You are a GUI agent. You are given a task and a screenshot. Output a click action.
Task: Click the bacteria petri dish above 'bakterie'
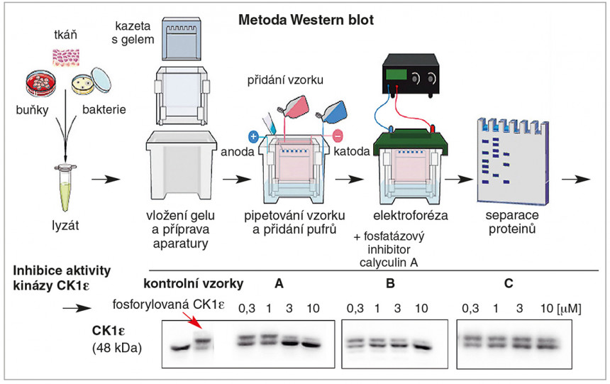92,86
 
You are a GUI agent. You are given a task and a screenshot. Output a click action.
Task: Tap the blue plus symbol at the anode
253,135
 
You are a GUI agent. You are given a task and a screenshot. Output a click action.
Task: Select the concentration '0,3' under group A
246,309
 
